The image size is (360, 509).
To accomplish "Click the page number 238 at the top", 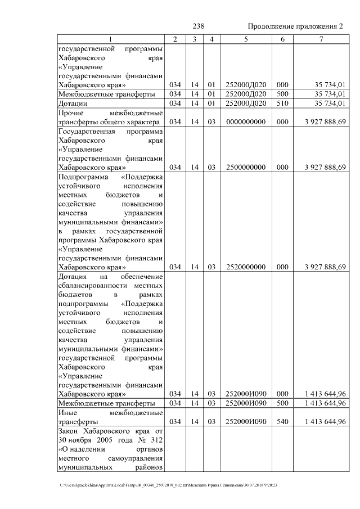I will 198,26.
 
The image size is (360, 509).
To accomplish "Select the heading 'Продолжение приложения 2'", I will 295,26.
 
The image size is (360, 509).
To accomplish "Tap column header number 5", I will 246,39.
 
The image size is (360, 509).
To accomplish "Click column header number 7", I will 321,39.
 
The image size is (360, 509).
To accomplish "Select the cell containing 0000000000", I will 246,122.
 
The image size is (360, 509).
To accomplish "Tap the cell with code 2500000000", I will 246,168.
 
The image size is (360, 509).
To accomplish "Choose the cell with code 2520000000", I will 246,267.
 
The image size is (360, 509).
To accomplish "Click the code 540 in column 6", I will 282,422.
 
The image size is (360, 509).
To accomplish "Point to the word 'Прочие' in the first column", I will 71,113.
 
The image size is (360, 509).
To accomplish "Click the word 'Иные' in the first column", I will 68,413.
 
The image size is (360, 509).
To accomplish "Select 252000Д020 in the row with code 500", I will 246,94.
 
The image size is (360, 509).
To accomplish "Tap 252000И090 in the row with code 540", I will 246,422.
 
